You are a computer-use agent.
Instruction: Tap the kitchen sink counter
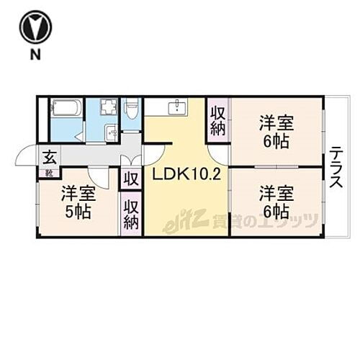pyautogui.click(x=174, y=108)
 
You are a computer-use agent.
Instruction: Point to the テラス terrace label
pyautogui.click(x=336, y=167)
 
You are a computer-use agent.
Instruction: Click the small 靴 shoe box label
pyautogui.click(x=48, y=173)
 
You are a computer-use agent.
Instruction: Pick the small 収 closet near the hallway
pyautogui.click(x=130, y=179)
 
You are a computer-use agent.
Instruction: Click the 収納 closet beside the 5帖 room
pyautogui.click(x=130, y=214)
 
